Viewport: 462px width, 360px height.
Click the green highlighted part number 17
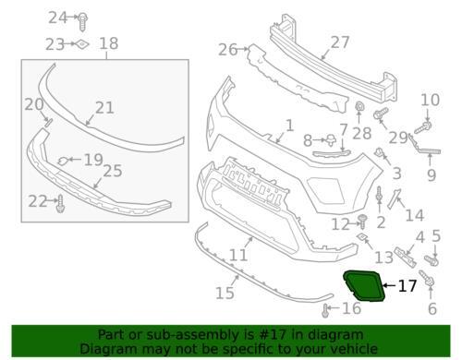click(363, 285)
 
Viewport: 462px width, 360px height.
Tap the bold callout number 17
click(407, 286)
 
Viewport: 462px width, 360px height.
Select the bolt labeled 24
click(82, 21)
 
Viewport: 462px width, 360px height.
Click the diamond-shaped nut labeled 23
click(82, 44)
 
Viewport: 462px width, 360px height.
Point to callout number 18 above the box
click(109, 43)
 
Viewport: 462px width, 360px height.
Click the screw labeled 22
click(60, 203)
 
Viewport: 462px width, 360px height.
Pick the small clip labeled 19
click(63, 161)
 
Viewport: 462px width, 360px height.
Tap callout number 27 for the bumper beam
click(340, 42)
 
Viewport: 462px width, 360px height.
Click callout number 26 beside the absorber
click(227, 50)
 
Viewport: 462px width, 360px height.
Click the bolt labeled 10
click(423, 127)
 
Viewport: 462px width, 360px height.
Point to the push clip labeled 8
click(331, 140)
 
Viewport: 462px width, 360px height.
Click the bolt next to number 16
click(325, 310)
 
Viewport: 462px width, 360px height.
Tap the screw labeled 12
click(363, 222)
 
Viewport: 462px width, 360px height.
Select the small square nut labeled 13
click(362, 237)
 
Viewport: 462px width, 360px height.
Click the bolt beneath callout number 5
click(432, 261)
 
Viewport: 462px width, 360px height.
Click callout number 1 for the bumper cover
click(289, 126)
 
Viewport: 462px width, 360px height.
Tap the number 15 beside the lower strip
click(225, 293)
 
